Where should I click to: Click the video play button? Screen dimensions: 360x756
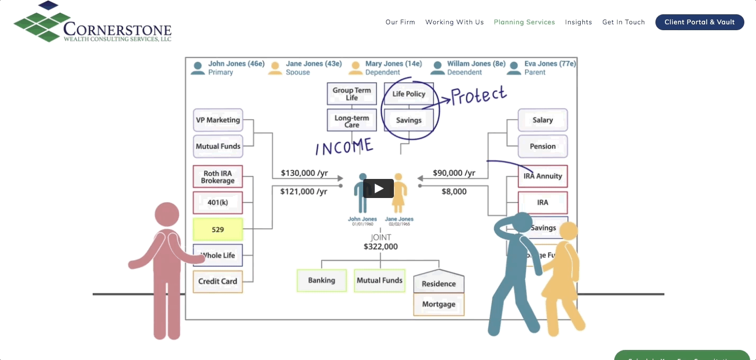point(378,188)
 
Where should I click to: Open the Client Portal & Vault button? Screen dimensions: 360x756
point(699,22)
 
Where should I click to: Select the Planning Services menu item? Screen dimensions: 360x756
point(524,22)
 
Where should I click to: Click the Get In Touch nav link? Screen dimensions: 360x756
point(623,22)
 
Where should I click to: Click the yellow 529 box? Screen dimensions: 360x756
point(218,230)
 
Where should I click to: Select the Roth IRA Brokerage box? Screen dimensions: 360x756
point(218,177)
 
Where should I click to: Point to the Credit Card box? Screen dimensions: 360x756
point(218,281)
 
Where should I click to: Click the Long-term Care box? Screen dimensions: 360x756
point(352,121)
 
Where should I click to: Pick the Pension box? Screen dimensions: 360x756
point(543,146)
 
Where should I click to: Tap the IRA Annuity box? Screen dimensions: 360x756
point(543,176)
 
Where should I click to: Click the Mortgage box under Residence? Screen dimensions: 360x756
point(438,304)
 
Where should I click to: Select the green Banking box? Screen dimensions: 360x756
point(321,281)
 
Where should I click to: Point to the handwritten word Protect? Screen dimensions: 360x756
point(479,96)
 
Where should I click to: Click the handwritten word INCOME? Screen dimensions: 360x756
point(344,147)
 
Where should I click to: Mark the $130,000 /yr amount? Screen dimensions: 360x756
point(304,173)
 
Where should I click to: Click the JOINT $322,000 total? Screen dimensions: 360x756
point(380,242)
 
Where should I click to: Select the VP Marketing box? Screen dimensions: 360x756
point(218,120)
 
